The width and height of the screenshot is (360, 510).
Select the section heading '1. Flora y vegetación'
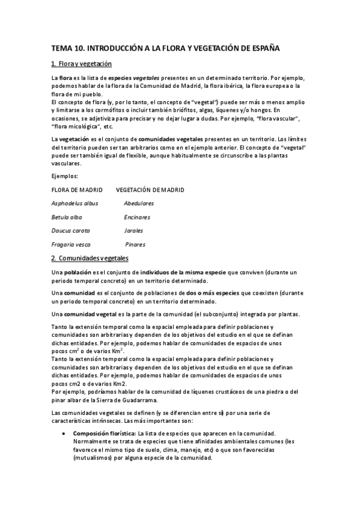82,64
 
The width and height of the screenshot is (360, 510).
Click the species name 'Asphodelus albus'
75,203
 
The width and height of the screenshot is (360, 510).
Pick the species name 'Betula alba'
67,217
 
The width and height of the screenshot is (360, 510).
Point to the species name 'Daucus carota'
70,230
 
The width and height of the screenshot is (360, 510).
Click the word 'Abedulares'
139,203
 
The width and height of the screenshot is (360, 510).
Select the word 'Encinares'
137,217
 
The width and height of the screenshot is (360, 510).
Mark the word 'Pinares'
135,245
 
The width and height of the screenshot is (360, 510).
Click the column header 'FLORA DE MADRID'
78,190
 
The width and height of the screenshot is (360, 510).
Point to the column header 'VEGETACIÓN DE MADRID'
150,190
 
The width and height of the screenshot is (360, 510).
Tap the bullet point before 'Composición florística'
64,434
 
